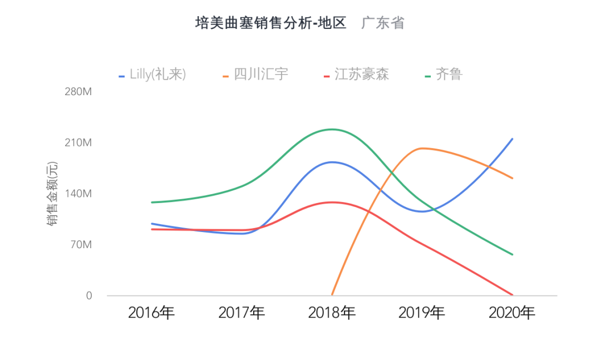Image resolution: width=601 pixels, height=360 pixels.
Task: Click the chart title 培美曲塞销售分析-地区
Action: [x=270, y=23]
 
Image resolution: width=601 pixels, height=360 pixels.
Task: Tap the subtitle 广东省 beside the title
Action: [x=383, y=23]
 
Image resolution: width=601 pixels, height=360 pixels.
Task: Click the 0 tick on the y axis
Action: [x=88, y=295]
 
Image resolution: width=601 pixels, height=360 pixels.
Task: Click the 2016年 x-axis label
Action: [x=151, y=313]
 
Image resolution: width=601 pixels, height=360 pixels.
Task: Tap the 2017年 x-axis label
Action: [x=242, y=313]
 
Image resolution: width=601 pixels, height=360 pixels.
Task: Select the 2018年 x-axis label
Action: [x=332, y=313]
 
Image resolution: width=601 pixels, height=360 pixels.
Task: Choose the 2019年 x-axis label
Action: [x=422, y=313]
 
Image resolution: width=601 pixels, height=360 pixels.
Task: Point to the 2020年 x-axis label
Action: [x=512, y=313]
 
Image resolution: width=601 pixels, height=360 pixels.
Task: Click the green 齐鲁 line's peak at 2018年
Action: [x=332, y=130]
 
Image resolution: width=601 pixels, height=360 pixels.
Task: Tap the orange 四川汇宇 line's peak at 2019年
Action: [x=421, y=148]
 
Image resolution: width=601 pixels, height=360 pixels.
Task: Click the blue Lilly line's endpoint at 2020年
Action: [x=512, y=139]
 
